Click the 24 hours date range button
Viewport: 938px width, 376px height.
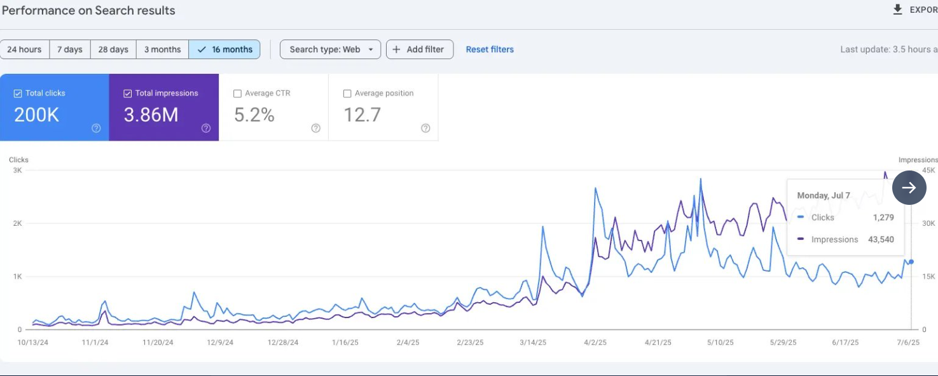click(x=25, y=50)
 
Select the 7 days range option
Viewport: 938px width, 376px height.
click(x=70, y=50)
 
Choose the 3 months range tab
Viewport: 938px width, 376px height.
click(x=162, y=50)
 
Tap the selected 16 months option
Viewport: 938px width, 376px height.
click(x=224, y=50)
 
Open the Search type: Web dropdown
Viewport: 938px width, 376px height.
click(x=330, y=50)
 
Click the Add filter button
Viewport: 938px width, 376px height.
click(x=419, y=50)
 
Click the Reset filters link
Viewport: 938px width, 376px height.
click(x=490, y=50)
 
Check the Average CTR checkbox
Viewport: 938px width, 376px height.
click(x=238, y=94)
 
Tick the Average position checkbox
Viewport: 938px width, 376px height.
click(x=347, y=94)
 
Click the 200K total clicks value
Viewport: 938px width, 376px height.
click(x=37, y=115)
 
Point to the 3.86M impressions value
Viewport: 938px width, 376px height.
click(x=151, y=115)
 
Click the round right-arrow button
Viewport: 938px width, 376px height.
click(x=909, y=188)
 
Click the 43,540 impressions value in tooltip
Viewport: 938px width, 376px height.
click(x=881, y=240)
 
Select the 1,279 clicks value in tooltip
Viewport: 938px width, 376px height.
click(x=883, y=218)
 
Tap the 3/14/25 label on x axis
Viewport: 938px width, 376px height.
click(x=533, y=342)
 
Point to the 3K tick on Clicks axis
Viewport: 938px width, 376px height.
click(x=17, y=171)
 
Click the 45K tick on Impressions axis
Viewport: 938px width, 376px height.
click(x=928, y=171)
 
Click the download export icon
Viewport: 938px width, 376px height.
click(x=898, y=10)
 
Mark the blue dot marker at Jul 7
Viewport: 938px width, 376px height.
click(x=911, y=261)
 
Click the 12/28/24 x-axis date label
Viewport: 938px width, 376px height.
click(x=283, y=342)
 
